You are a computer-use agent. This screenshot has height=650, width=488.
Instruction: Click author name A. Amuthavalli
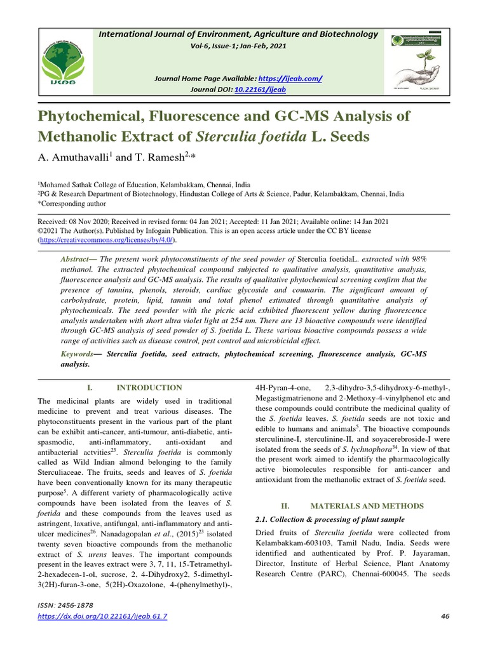pos(78,156)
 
